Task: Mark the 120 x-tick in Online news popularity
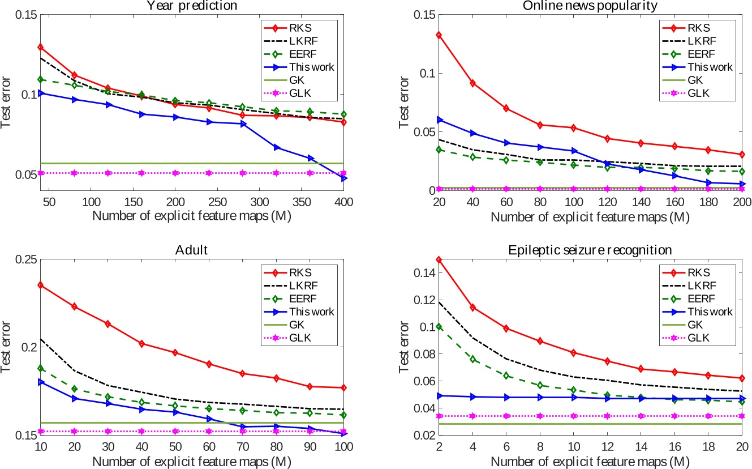[x=606, y=202]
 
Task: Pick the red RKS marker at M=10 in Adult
[x=41, y=285]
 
